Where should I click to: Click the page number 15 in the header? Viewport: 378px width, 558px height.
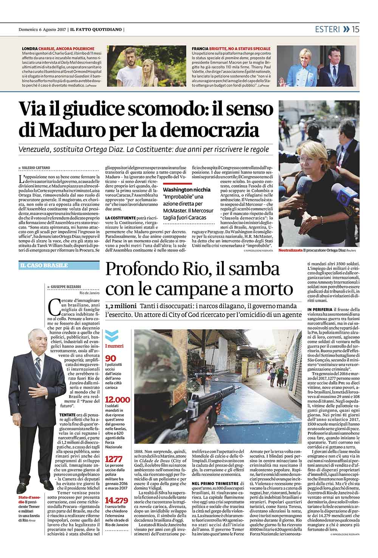[355, 29]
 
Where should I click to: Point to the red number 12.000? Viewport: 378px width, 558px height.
[117, 400]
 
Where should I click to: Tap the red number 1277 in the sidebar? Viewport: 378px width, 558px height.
[113, 459]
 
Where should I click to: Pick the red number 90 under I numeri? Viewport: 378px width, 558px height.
[110, 358]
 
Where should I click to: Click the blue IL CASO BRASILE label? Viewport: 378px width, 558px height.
[44, 265]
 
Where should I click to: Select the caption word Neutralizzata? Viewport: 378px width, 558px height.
[290, 251]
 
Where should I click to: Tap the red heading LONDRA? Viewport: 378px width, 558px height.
[29, 49]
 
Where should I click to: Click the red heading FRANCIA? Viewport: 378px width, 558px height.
[200, 49]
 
